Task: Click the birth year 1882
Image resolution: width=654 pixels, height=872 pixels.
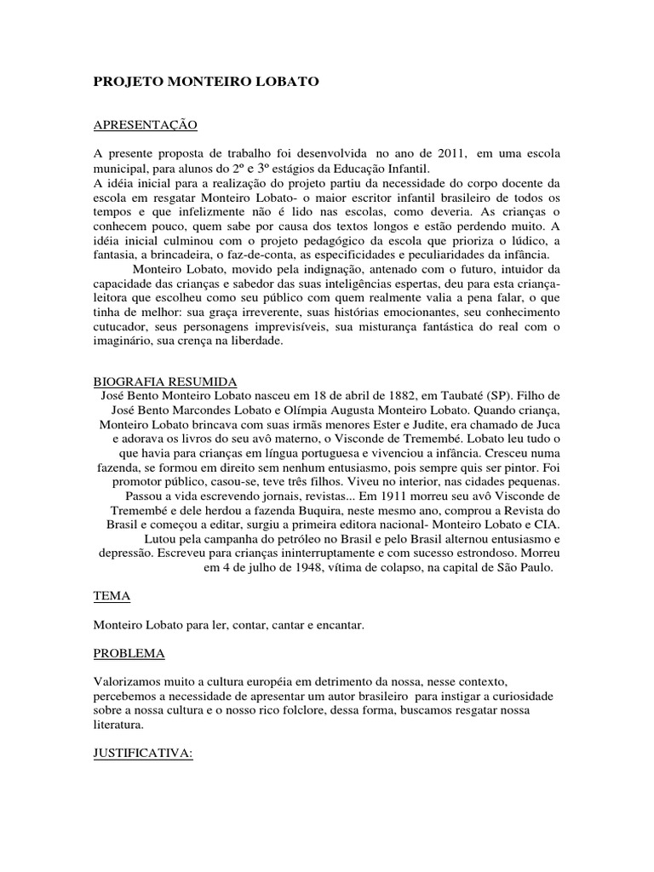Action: click(x=391, y=396)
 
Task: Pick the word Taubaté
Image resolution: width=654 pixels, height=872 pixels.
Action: click(x=475, y=396)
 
